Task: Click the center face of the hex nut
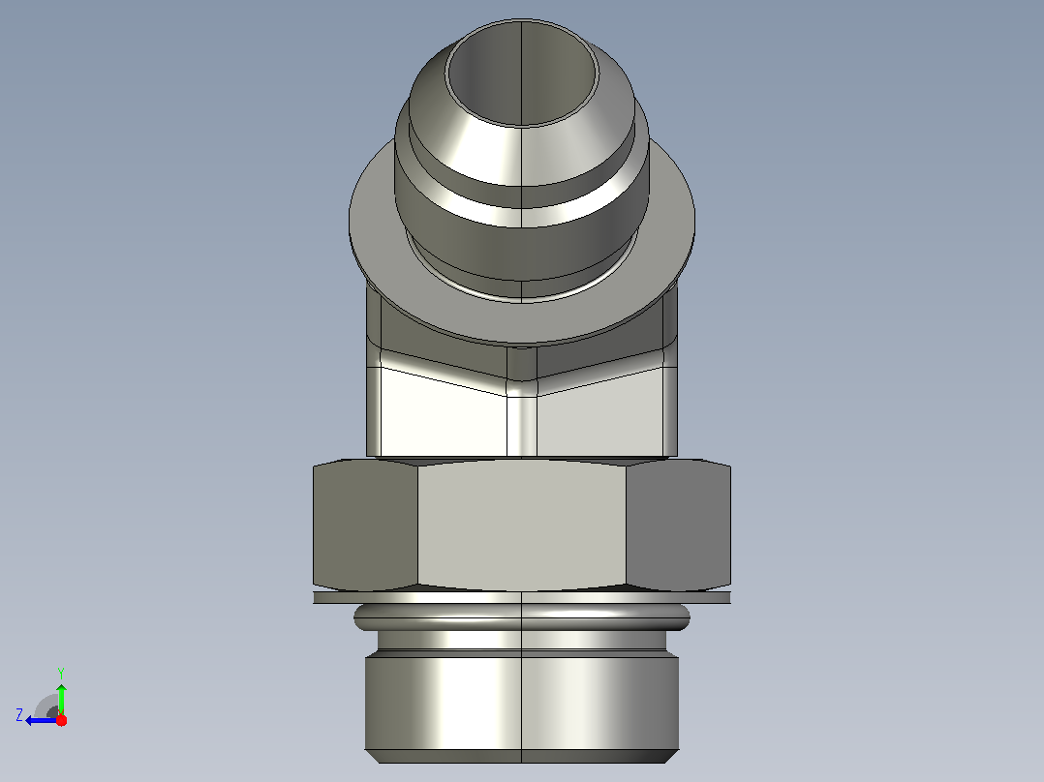click(x=522, y=525)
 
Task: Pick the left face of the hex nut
click(x=365, y=526)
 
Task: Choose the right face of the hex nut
click(x=679, y=526)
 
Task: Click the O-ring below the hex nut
click(x=522, y=617)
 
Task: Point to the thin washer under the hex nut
click(x=522, y=598)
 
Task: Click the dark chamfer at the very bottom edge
click(x=522, y=756)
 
